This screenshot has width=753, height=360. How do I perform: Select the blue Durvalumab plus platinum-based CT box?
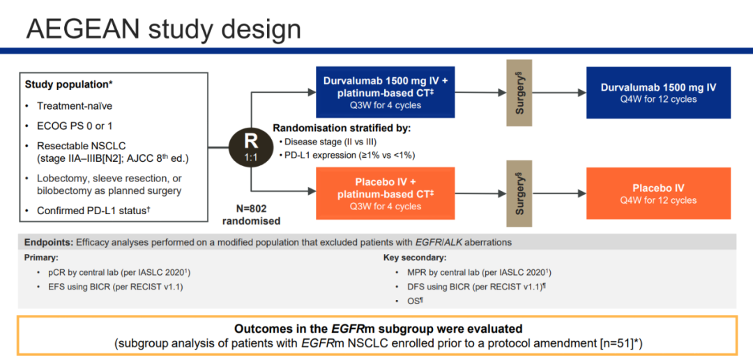(386, 92)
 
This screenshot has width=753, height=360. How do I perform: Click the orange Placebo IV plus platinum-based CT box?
(386, 193)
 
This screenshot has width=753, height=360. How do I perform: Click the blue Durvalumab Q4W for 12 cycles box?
(658, 92)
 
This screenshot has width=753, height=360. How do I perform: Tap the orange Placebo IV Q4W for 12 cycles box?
(658, 193)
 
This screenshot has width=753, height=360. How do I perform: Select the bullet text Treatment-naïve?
(75, 105)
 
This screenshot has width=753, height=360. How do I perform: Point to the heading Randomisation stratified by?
(342, 128)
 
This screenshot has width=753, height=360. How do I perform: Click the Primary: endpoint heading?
(43, 257)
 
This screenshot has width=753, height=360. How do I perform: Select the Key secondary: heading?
(415, 257)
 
